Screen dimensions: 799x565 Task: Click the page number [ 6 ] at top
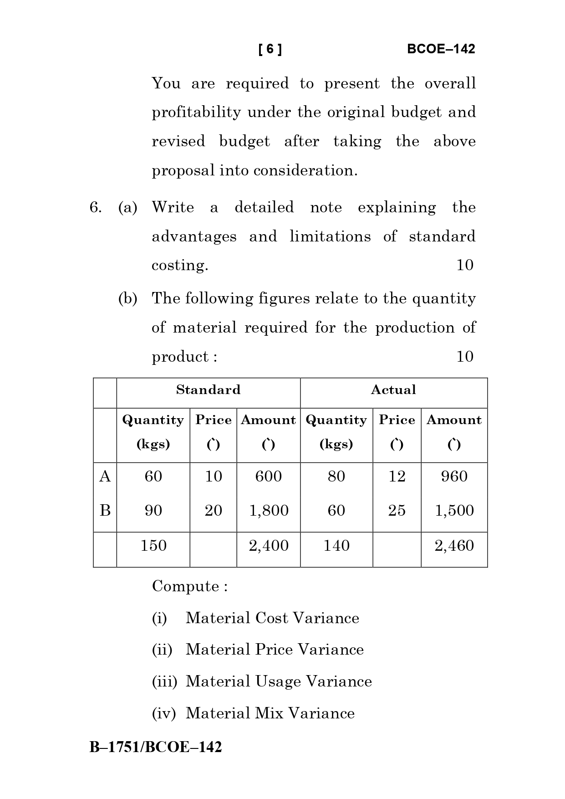point(270,49)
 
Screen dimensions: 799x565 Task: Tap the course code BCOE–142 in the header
point(441,49)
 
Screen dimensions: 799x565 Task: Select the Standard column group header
point(208,390)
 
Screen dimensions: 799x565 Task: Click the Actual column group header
point(393,390)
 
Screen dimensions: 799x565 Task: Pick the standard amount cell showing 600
point(269,476)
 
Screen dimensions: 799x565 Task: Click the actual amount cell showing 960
point(454,476)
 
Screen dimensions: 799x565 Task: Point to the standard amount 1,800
point(269,511)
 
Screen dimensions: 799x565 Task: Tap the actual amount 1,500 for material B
point(454,511)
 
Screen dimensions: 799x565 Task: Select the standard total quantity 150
point(153,546)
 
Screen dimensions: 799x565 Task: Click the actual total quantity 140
point(336,546)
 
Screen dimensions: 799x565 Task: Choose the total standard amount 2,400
point(269,546)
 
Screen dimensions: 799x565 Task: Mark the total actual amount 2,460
point(454,546)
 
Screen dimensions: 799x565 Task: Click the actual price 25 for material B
point(397,511)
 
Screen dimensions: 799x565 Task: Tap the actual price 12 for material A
point(397,476)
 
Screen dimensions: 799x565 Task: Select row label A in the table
point(105,476)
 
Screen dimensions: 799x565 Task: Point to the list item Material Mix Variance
point(270,713)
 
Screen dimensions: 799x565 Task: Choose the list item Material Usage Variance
point(279,681)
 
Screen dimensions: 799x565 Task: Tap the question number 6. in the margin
point(95,208)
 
